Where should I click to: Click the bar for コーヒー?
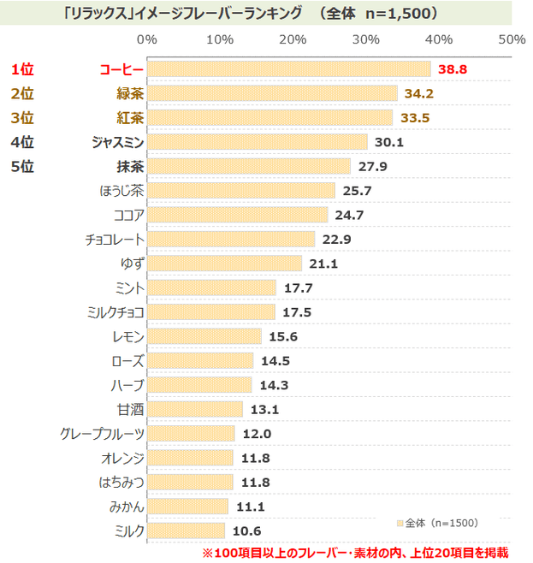tap(288, 69)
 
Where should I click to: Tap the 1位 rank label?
tap(22, 69)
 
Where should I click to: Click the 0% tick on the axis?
tap(147, 40)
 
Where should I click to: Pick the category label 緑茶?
tap(129, 93)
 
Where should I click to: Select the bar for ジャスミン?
tap(257, 142)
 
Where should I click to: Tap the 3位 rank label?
tap(22, 117)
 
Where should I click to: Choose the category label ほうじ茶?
tap(121, 190)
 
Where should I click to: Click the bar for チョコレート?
tap(231, 239)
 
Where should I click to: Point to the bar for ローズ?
tap(200, 360)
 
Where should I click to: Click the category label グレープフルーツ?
tap(103, 434)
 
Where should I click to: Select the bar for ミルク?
tap(186, 530)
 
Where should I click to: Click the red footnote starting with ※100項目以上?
tap(354, 552)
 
